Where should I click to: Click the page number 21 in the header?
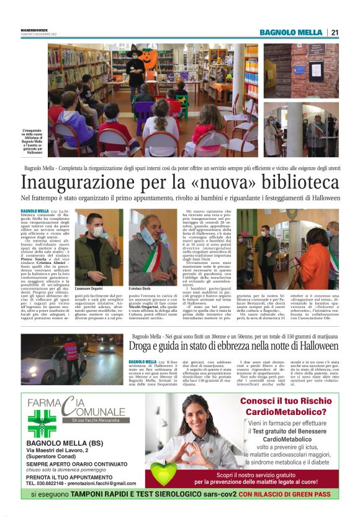(x=334, y=32)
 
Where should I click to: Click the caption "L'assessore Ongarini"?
(x=88, y=289)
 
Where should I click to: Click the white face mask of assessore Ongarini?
(x=97, y=232)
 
